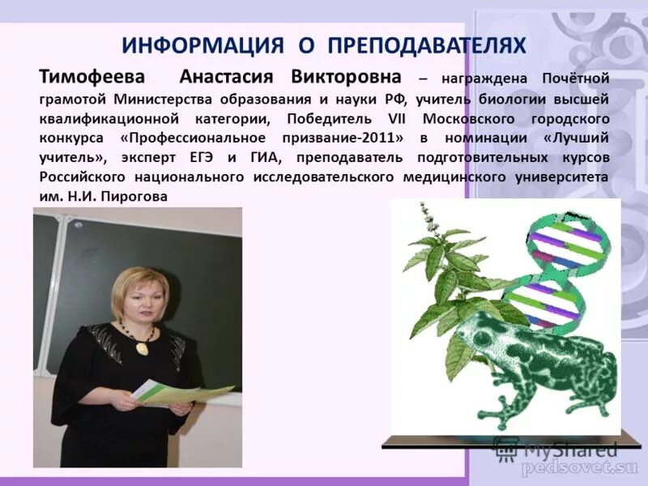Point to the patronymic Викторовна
pyautogui.click(x=347, y=77)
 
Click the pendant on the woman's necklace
pyautogui.click(x=143, y=347)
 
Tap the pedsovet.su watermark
pyautogui.click(x=579, y=468)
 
